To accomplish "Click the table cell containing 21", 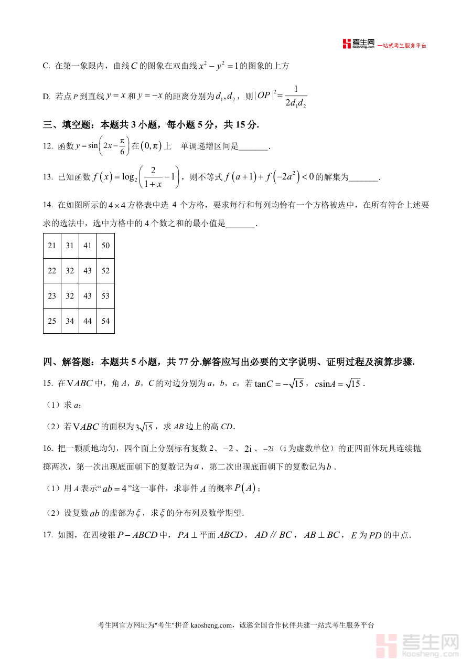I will tap(52, 246).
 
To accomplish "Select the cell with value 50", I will tap(105, 246).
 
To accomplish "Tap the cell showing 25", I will tap(52, 321).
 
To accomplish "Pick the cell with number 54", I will tap(105, 321).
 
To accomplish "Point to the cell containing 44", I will tap(88, 321).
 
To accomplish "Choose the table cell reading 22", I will tap(52, 271).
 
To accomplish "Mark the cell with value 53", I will tap(105, 296).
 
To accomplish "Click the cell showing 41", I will tap(88, 246).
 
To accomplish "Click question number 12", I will tap(48, 146).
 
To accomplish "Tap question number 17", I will tap(48, 535).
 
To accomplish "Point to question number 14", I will tap(48, 205).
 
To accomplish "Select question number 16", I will tap(48, 448).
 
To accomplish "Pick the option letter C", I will tap(46, 66).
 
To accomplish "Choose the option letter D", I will tap(46, 96).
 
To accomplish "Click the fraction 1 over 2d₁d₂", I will tap(296, 97).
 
